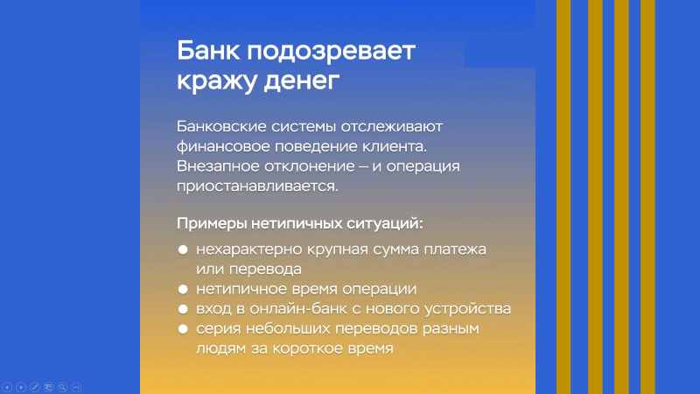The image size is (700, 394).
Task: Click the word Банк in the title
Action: [x=208, y=51]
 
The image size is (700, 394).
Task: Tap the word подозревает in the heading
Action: [x=332, y=53]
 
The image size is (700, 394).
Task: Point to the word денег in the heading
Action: [x=301, y=81]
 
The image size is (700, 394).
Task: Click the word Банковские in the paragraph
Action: [x=221, y=126]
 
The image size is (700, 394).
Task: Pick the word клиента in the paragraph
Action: [x=395, y=146]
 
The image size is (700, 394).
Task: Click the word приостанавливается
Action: [x=257, y=186]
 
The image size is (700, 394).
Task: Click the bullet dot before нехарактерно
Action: [x=183, y=250]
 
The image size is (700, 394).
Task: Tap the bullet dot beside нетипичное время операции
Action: [x=183, y=290]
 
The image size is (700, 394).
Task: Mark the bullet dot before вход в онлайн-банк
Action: [x=183, y=309]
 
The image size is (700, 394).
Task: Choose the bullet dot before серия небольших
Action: [x=183, y=329]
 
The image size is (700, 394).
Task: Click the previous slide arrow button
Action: [x=7, y=387]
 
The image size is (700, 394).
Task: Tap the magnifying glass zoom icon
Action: [x=62, y=387]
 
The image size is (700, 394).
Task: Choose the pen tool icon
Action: [x=35, y=387]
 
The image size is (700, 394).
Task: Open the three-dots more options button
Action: [x=76, y=387]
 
